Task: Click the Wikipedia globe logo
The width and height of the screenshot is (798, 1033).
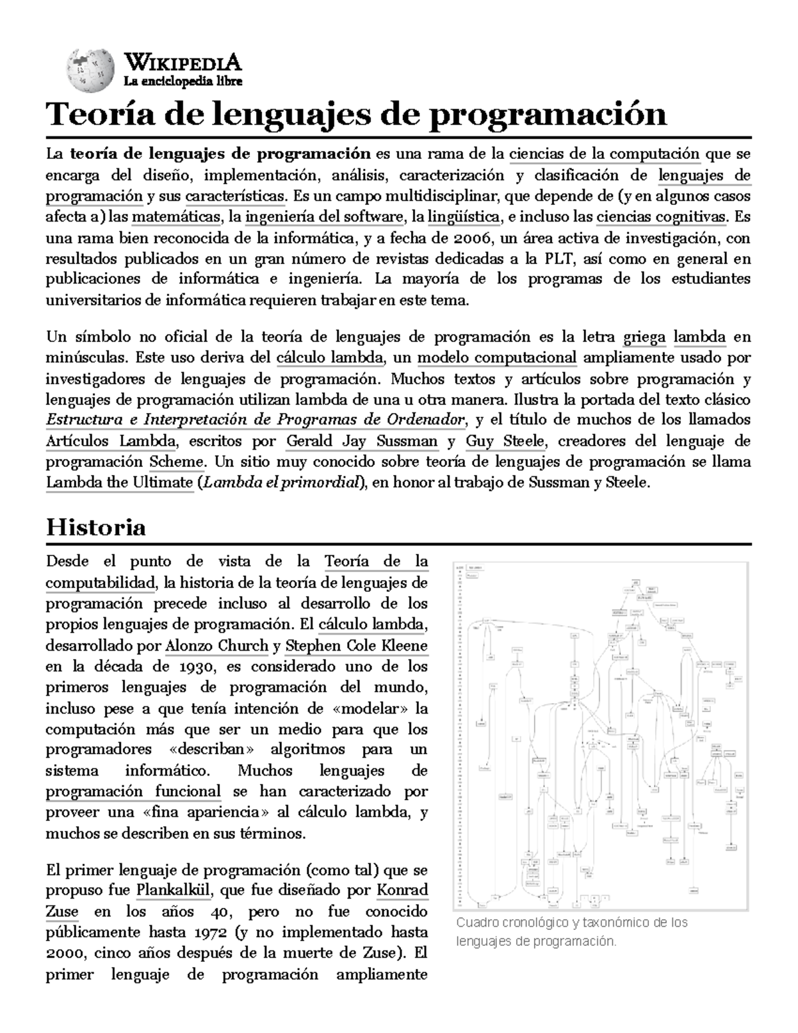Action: tap(88, 70)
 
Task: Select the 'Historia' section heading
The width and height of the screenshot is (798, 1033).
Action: tap(96, 527)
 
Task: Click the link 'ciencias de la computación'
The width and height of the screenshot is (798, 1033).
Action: tap(604, 155)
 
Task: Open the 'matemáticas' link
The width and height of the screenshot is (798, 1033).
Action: tap(176, 218)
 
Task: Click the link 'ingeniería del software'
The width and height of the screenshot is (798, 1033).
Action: tap(325, 218)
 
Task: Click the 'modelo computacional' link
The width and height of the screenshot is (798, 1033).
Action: tap(497, 359)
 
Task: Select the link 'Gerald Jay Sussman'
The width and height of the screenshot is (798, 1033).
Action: tap(362, 442)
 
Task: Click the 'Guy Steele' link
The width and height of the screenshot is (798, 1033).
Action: tap(505, 442)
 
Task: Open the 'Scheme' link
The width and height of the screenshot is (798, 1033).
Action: tap(176, 462)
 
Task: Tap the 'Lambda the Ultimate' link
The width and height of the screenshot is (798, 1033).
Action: tap(119, 483)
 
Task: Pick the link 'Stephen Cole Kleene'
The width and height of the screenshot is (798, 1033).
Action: tap(356, 646)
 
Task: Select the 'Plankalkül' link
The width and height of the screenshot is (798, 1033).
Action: tap(174, 891)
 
